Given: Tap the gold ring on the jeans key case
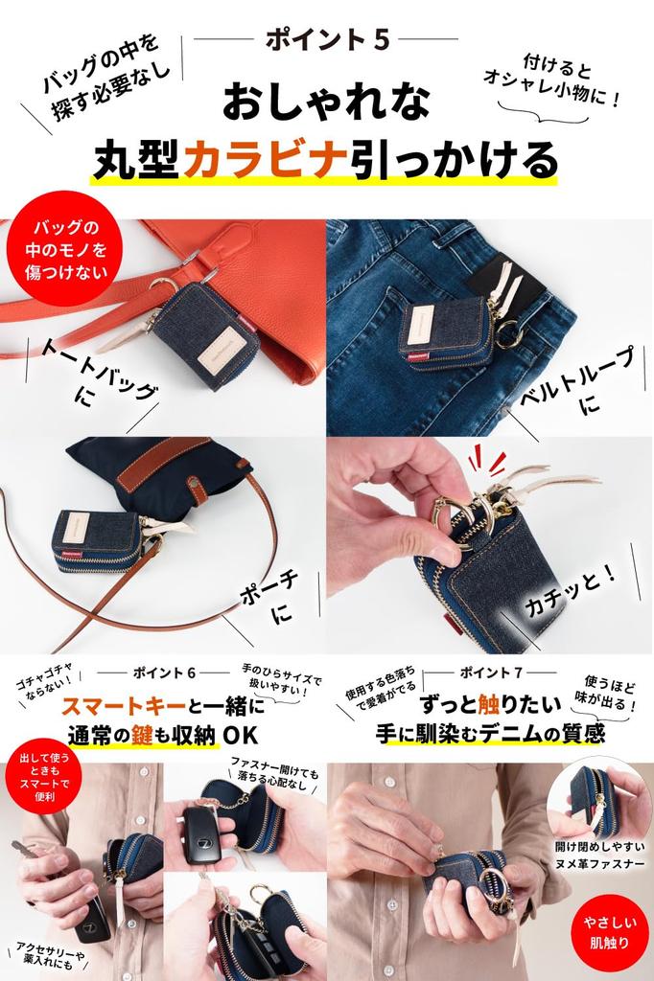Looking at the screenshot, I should pos(507,334).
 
